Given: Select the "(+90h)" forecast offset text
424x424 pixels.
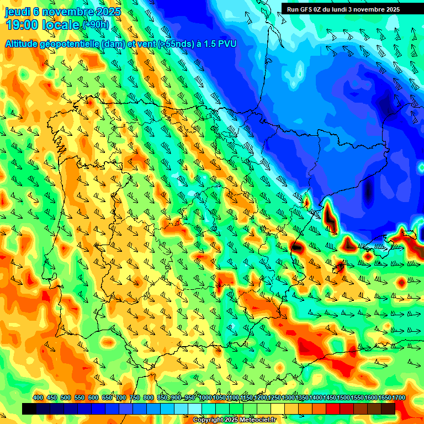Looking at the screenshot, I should coord(96,25).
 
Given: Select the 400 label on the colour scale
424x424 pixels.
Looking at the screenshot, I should coord(38,398).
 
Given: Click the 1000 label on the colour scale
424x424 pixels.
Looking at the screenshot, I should coord(205,398).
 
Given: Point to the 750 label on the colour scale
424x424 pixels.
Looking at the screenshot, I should coord(135,398).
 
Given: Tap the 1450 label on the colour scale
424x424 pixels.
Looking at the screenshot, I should coord(329,398).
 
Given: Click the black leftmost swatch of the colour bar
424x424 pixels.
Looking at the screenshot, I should coord(29,409).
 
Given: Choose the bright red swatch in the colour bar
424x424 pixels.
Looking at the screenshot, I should coord(333,409).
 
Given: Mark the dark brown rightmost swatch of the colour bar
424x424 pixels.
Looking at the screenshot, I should coord(388,409).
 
